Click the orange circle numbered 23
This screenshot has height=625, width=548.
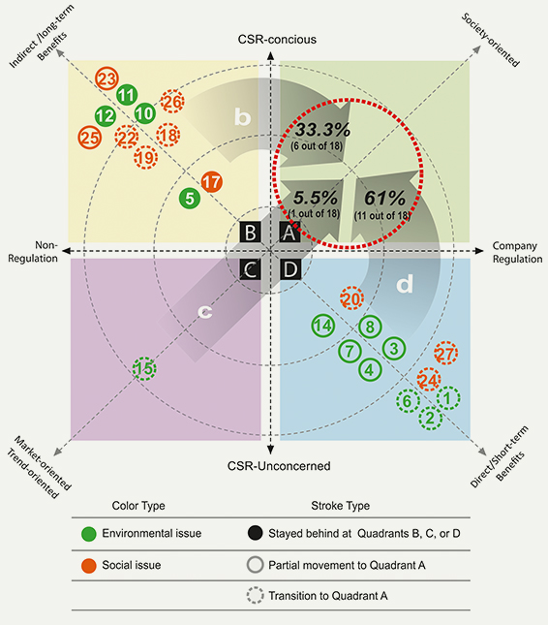click(x=107, y=78)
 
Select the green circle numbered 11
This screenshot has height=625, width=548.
click(x=127, y=95)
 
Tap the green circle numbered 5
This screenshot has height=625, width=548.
click(x=190, y=198)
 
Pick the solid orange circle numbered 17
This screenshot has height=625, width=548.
click(x=211, y=182)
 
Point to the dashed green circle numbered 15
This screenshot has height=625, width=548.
click(x=144, y=368)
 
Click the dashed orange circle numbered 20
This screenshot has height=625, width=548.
click(x=351, y=298)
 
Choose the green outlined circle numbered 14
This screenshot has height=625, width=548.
click(x=323, y=326)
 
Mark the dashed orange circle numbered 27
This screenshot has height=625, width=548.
click(x=446, y=353)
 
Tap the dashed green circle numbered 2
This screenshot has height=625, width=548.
click(x=430, y=418)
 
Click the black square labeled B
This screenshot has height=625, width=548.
click(x=251, y=232)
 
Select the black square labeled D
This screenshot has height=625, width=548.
click(x=290, y=269)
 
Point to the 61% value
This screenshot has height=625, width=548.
click(x=384, y=198)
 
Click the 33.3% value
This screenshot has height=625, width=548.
click(x=323, y=130)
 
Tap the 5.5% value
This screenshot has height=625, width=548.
click(x=316, y=198)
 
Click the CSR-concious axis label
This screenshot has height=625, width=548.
click(x=277, y=40)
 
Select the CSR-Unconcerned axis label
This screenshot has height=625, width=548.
click(x=279, y=466)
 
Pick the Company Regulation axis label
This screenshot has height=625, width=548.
click(x=517, y=252)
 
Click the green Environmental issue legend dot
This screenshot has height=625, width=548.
click(x=89, y=534)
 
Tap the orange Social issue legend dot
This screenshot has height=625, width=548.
click(x=89, y=566)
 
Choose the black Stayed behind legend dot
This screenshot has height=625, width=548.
click(x=255, y=533)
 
